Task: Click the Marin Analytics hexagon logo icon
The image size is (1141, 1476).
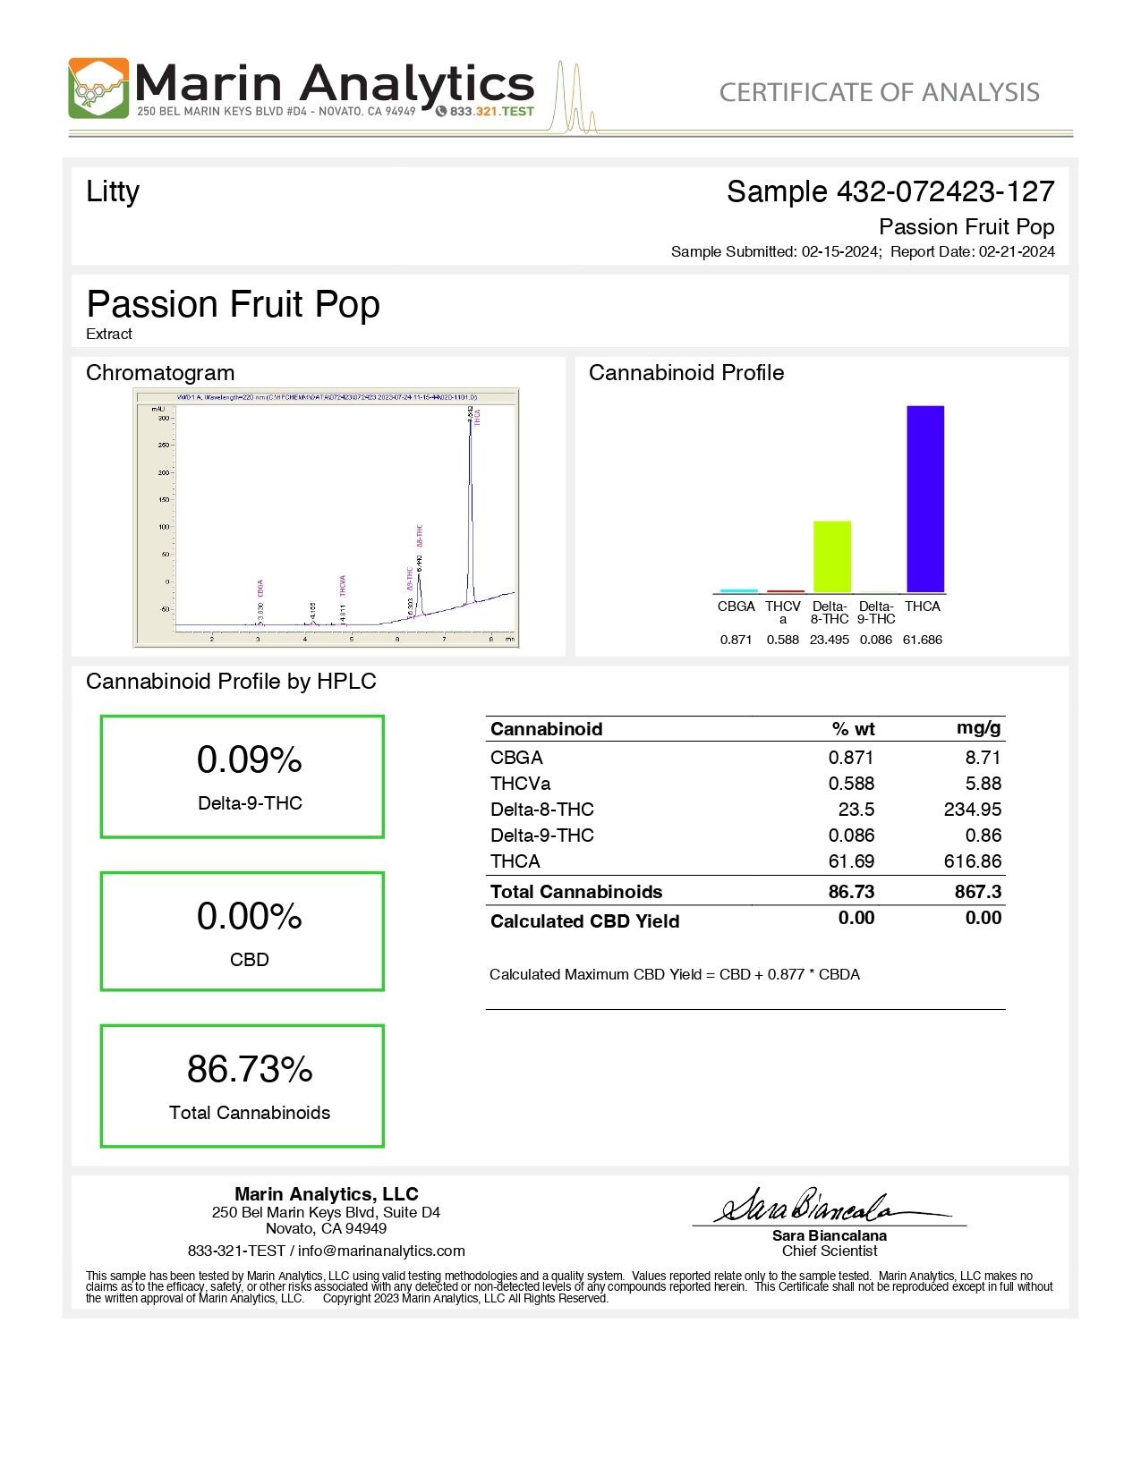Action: click(98, 89)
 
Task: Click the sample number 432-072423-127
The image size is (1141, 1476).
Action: click(945, 191)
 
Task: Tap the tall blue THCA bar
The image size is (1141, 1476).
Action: click(925, 498)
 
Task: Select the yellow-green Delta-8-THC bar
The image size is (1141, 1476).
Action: click(831, 556)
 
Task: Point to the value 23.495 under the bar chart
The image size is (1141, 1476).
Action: click(830, 640)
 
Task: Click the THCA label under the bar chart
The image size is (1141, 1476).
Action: click(923, 607)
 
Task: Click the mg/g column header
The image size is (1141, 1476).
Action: click(978, 728)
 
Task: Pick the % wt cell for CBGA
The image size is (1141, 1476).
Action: click(850, 758)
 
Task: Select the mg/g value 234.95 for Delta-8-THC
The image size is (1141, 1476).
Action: click(972, 810)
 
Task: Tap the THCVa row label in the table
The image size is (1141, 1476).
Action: click(520, 784)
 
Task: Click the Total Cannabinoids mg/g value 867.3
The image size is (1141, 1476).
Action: click(977, 892)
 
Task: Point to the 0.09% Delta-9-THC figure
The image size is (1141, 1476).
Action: click(249, 760)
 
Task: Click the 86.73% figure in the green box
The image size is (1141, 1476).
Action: click(250, 1069)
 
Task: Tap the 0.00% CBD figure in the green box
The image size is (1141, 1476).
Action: click(249, 917)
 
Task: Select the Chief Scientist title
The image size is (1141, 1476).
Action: click(830, 1251)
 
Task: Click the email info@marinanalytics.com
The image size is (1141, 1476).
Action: click(381, 1251)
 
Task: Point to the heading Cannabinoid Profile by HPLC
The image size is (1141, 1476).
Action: click(231, 682)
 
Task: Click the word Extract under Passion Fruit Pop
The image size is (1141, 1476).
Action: click(109, 334)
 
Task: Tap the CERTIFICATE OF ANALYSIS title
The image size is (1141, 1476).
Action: click(879, 92)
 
